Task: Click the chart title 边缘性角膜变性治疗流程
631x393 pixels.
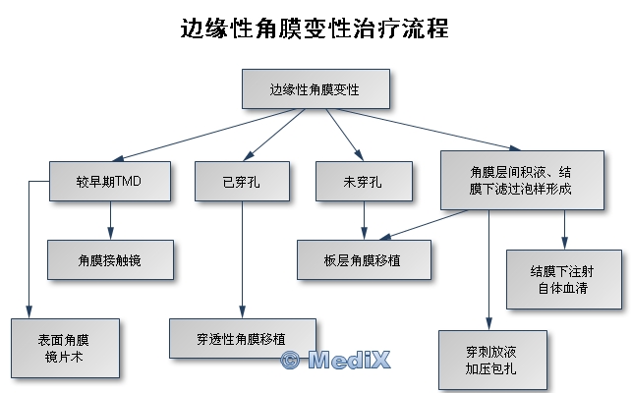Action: coord(315,28)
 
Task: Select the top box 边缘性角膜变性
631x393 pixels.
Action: coord(315,88)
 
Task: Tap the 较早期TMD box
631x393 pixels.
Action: coord(110,181)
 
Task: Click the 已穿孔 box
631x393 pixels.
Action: coord(242,181)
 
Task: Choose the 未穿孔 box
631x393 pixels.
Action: coord(365,181)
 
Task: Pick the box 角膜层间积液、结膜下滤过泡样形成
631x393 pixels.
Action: coord(522,180)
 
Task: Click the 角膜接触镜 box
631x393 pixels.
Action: coord(111,259)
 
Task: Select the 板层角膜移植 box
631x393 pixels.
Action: coord(365,259)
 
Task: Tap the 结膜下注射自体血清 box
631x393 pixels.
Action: coord(564,280)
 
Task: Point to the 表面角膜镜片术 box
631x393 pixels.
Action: coord(65,349)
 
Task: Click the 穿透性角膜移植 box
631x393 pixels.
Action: coord(243,338)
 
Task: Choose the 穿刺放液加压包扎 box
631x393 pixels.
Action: coord(493,360)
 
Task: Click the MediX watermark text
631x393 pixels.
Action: coord(349,360)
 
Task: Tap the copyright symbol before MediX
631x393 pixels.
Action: coord(290,360)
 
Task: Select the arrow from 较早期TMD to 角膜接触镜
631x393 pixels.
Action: coord(111,220)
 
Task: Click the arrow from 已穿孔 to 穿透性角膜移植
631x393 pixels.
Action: coord(242,259)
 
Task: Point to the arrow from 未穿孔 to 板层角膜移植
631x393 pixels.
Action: coord(365,220)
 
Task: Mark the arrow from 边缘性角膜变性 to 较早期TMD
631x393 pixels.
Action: coord(204,135)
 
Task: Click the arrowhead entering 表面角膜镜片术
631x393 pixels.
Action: coord(29,312)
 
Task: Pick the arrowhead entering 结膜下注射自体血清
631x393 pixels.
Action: coord(564,243)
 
